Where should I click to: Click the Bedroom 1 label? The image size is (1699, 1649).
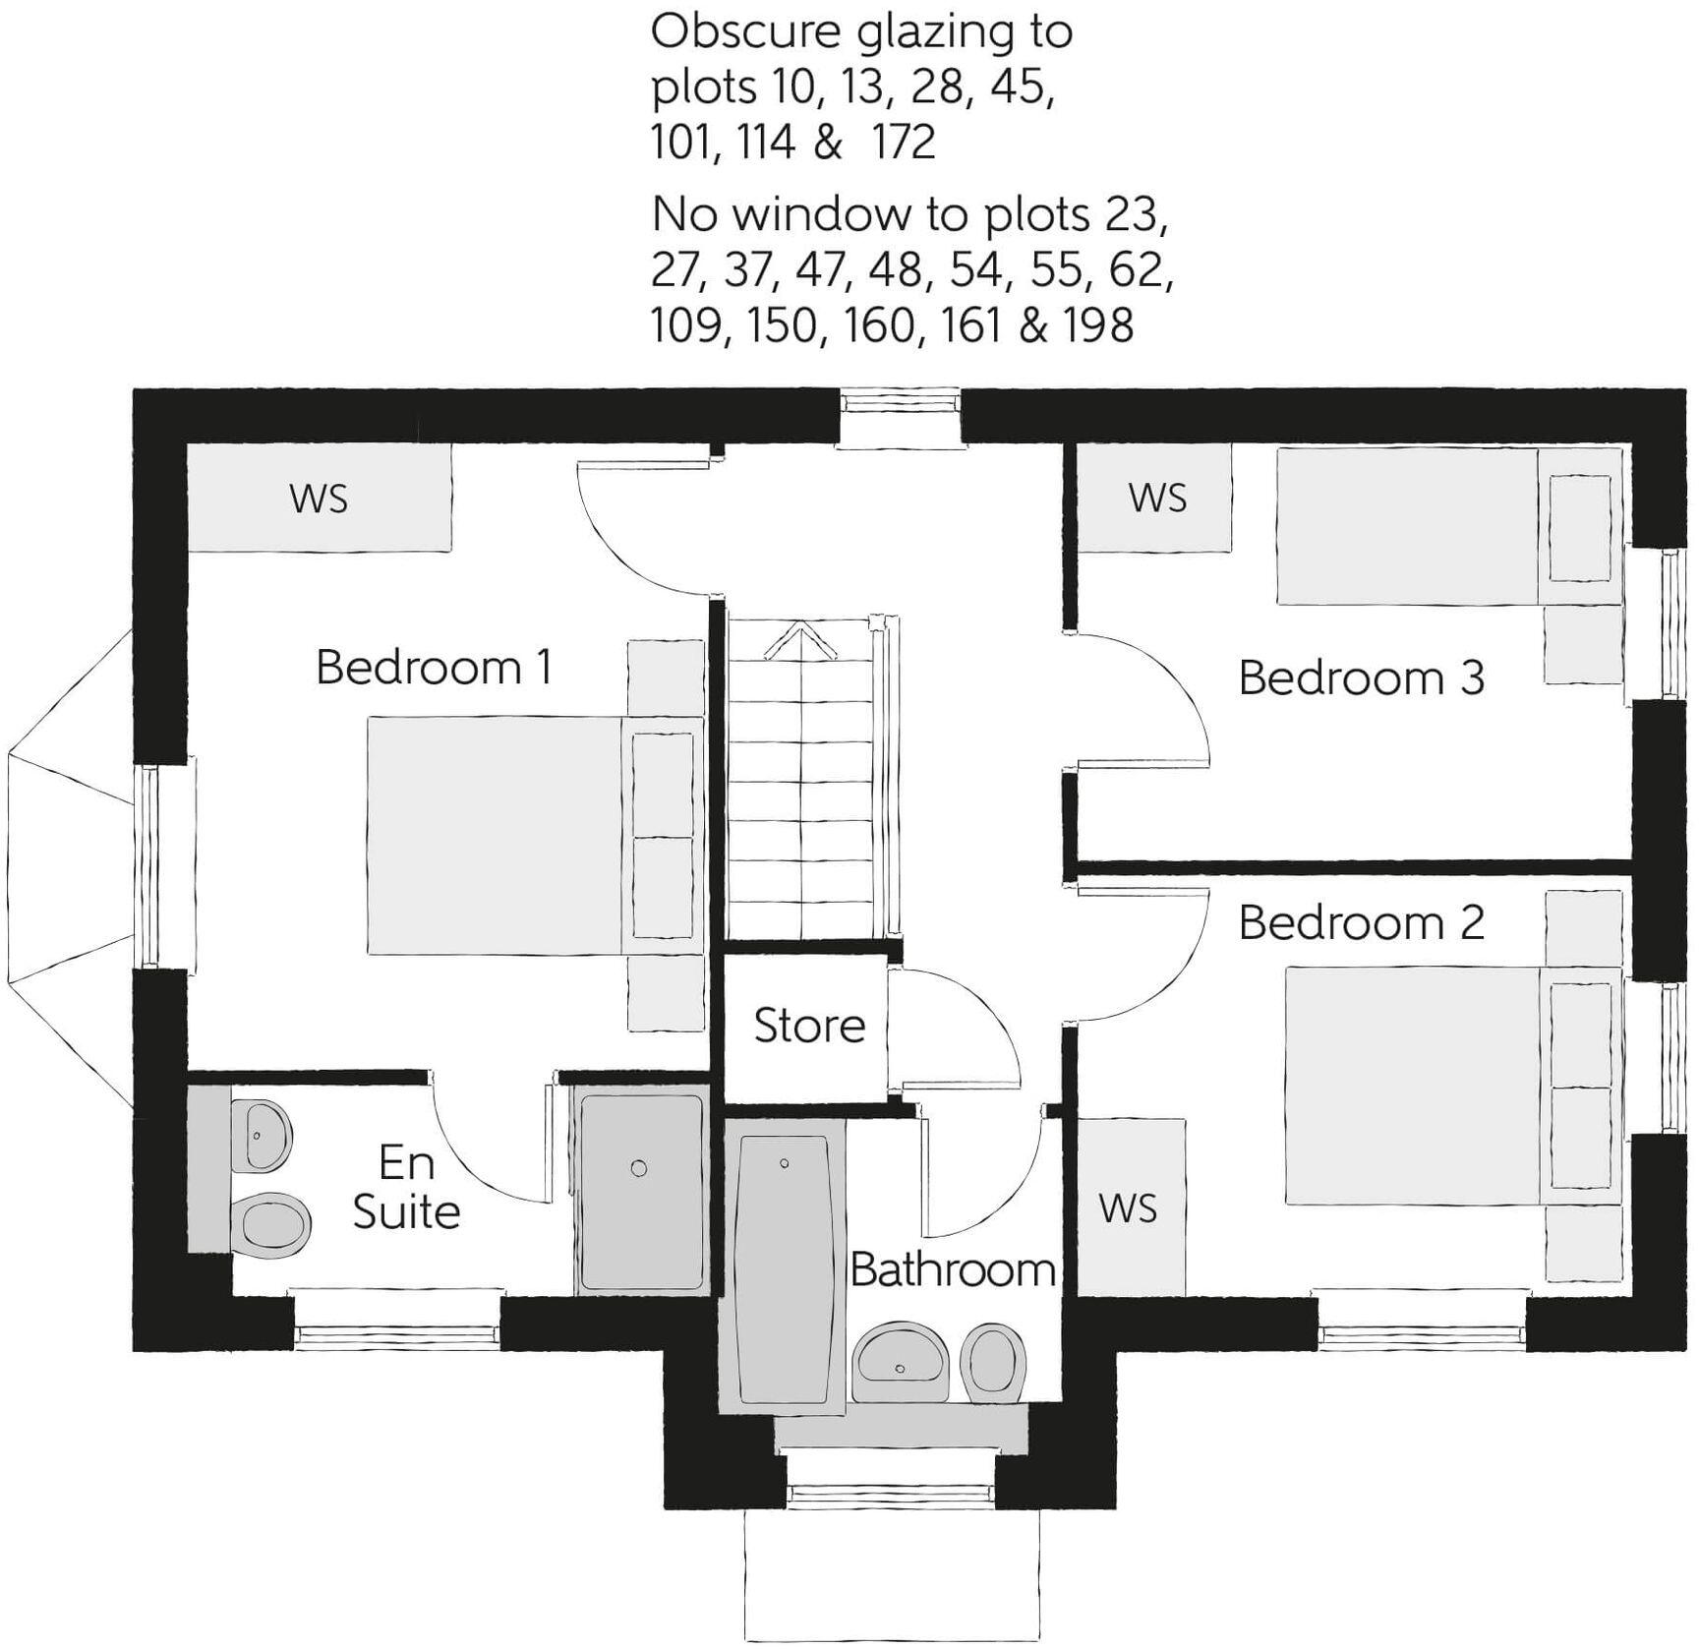tap(434, 668)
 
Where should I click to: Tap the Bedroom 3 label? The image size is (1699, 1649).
tap(1361, 678)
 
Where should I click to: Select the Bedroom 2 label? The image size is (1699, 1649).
tap(1361, 922)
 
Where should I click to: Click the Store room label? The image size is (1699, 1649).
tap(809, 1027)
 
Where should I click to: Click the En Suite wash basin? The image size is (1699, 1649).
tap(264, 1136)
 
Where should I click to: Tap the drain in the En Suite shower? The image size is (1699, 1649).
tap(639, 1168)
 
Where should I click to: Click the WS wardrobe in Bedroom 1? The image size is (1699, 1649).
tap(319, 499)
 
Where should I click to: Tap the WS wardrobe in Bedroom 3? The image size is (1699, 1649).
tap(1156, 499)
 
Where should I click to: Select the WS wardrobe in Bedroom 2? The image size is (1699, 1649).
tap(1128, 1208)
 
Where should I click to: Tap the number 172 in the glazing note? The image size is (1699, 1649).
tap(903, 143)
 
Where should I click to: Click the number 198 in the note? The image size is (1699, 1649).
tap(1097, 325)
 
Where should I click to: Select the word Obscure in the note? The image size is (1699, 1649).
tap(744, 32)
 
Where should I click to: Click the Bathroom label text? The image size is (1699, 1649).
tap(953, 1270)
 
